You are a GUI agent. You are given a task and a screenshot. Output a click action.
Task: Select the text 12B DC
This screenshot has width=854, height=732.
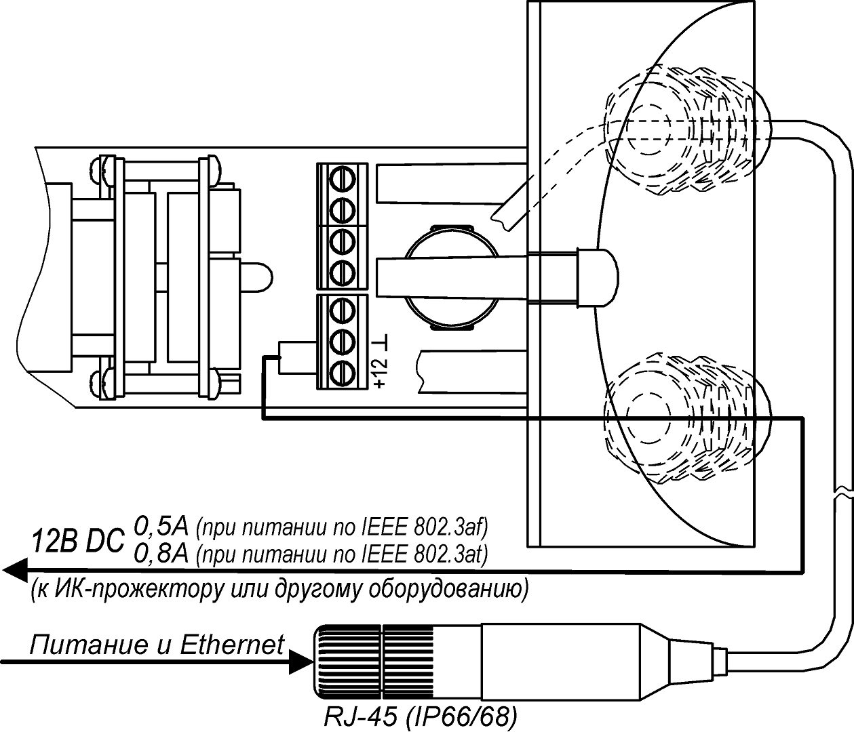click(x=79, y=541)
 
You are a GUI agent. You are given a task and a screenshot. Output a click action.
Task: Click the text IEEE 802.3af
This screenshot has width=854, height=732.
click(x=434, y=527)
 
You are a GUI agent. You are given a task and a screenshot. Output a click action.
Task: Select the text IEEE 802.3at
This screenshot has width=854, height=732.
click(x=434, y=556)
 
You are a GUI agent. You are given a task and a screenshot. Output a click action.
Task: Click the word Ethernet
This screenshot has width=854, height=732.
click(x=232, y=645)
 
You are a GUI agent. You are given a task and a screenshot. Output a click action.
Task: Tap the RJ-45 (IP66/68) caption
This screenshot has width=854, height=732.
click(x=421, y=717)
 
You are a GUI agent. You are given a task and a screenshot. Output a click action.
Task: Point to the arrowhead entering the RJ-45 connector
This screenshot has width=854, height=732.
click(x=298, y=662)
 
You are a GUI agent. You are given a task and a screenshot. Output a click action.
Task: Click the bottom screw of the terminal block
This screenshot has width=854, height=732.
click(x=343, y=371)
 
